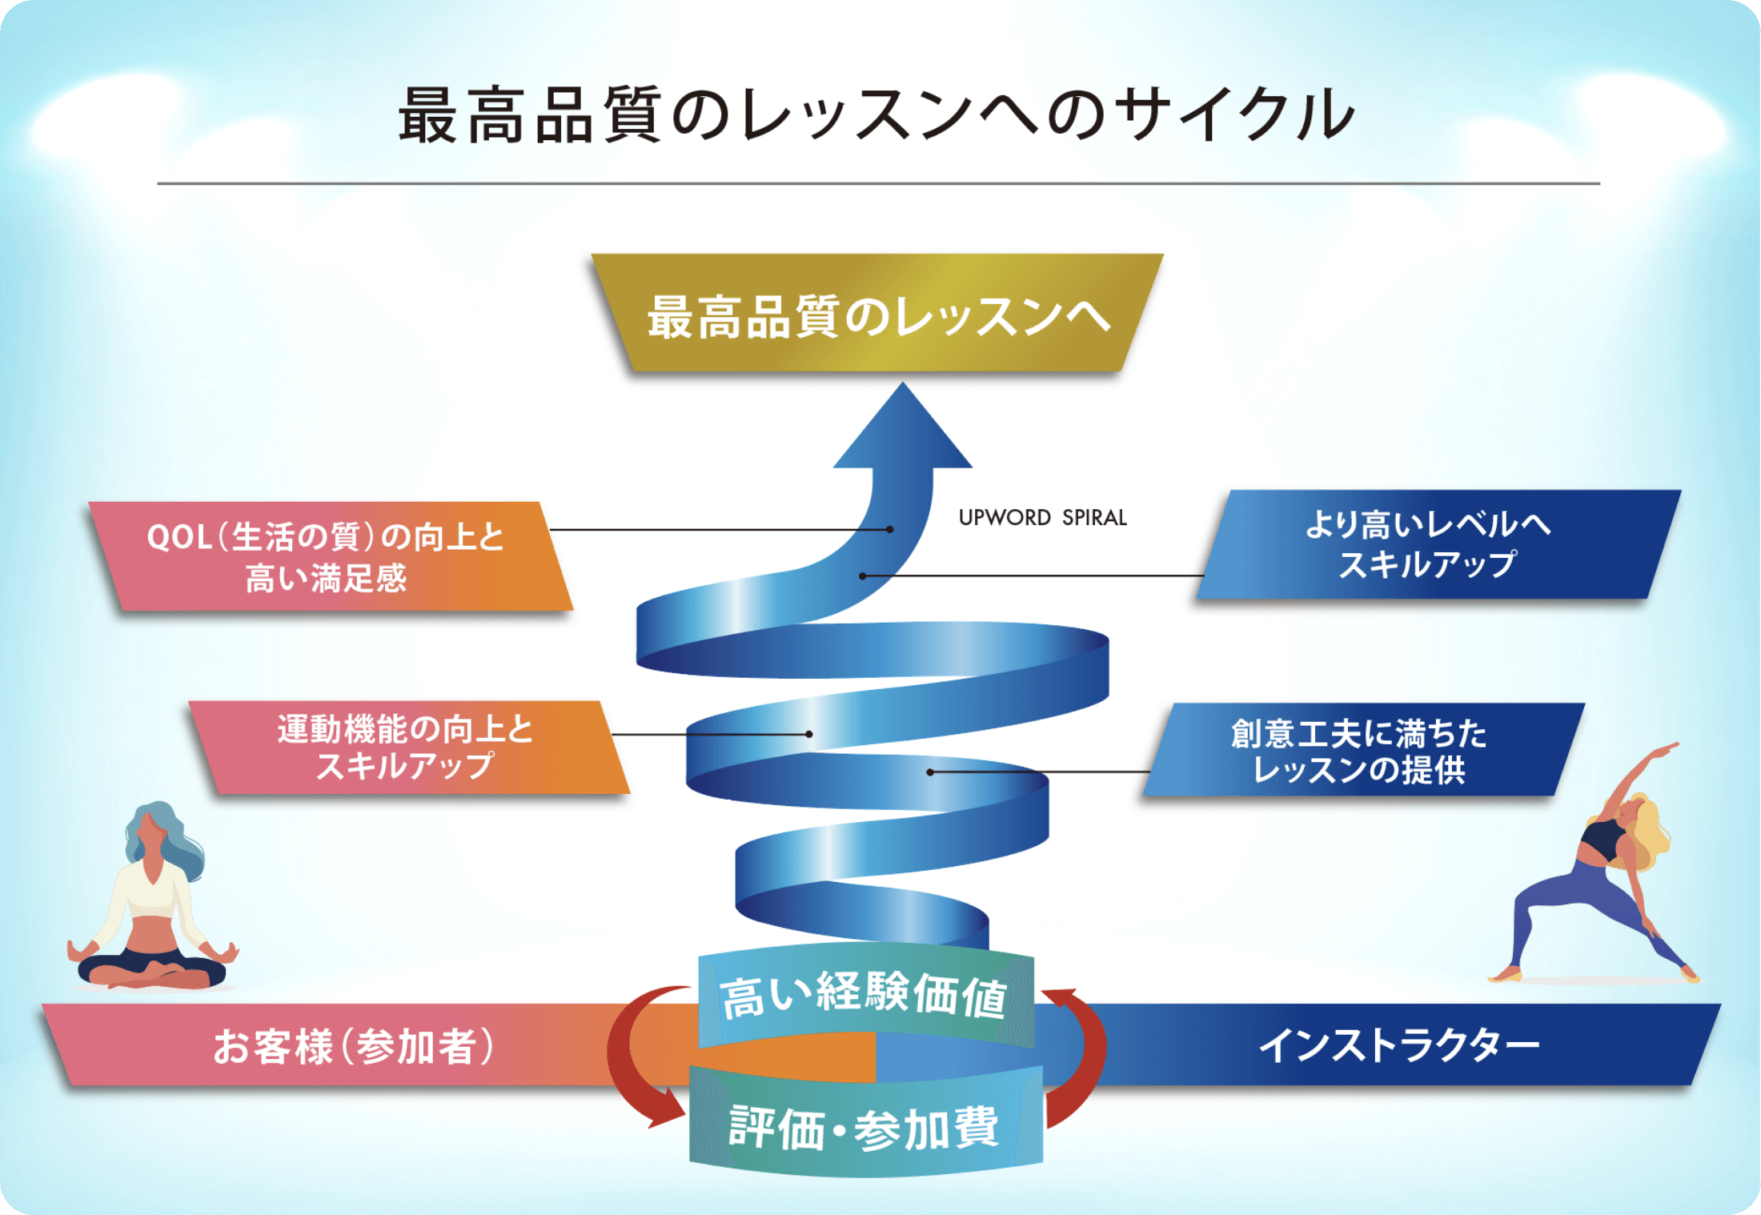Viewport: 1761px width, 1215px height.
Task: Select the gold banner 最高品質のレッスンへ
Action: (877, 315)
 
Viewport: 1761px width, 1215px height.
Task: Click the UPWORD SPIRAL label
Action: (1042, 518)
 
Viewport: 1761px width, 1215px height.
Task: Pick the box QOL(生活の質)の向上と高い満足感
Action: (328, 556)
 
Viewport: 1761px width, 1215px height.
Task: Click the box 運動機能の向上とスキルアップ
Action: (407, 747)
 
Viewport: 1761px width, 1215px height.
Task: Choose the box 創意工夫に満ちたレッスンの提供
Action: (1361, 750)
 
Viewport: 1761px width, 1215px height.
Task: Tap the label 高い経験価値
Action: (864, 996)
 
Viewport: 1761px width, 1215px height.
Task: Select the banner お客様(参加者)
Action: (352, 1045)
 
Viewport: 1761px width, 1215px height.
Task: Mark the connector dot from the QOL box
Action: (890, 529)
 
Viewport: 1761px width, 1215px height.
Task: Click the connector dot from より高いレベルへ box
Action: (863, 575)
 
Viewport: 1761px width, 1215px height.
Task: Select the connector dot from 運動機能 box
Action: (809, 734)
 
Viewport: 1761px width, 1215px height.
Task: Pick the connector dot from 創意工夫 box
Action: (930, 772)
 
